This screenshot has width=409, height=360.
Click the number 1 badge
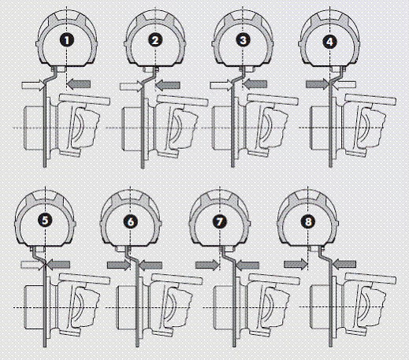[x=67, y=40]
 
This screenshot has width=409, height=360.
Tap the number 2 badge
[x=155, y=40]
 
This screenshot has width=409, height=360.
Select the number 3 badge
[x=244, y=40]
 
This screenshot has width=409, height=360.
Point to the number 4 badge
[x=329, y=42]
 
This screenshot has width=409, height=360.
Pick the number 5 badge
[x=45, y=221]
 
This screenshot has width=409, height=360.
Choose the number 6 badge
[x=131, y=221]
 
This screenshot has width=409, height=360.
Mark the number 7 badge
[x=219, y=221]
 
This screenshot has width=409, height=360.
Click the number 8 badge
[x=308, y=221]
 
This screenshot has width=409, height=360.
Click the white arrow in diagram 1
[x=33, y=85]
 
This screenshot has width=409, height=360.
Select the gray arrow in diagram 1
[x=79, y=84]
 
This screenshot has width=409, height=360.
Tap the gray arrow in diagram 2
[x=168, y=85]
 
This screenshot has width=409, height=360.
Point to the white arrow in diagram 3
[x=221, y=85]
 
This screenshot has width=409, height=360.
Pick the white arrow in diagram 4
[x=344, y=84]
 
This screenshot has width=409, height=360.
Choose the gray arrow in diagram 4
[x=318, y=84]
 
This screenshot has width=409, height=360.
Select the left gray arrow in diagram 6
[x=119, y=265]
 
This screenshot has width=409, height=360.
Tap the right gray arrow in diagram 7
[x=247, y=265]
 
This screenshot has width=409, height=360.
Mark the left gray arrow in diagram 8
[x=296, y=265]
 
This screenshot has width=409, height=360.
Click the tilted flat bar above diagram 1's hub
[x=84, y=99]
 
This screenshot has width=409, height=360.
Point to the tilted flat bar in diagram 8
[x=370, y=279]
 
